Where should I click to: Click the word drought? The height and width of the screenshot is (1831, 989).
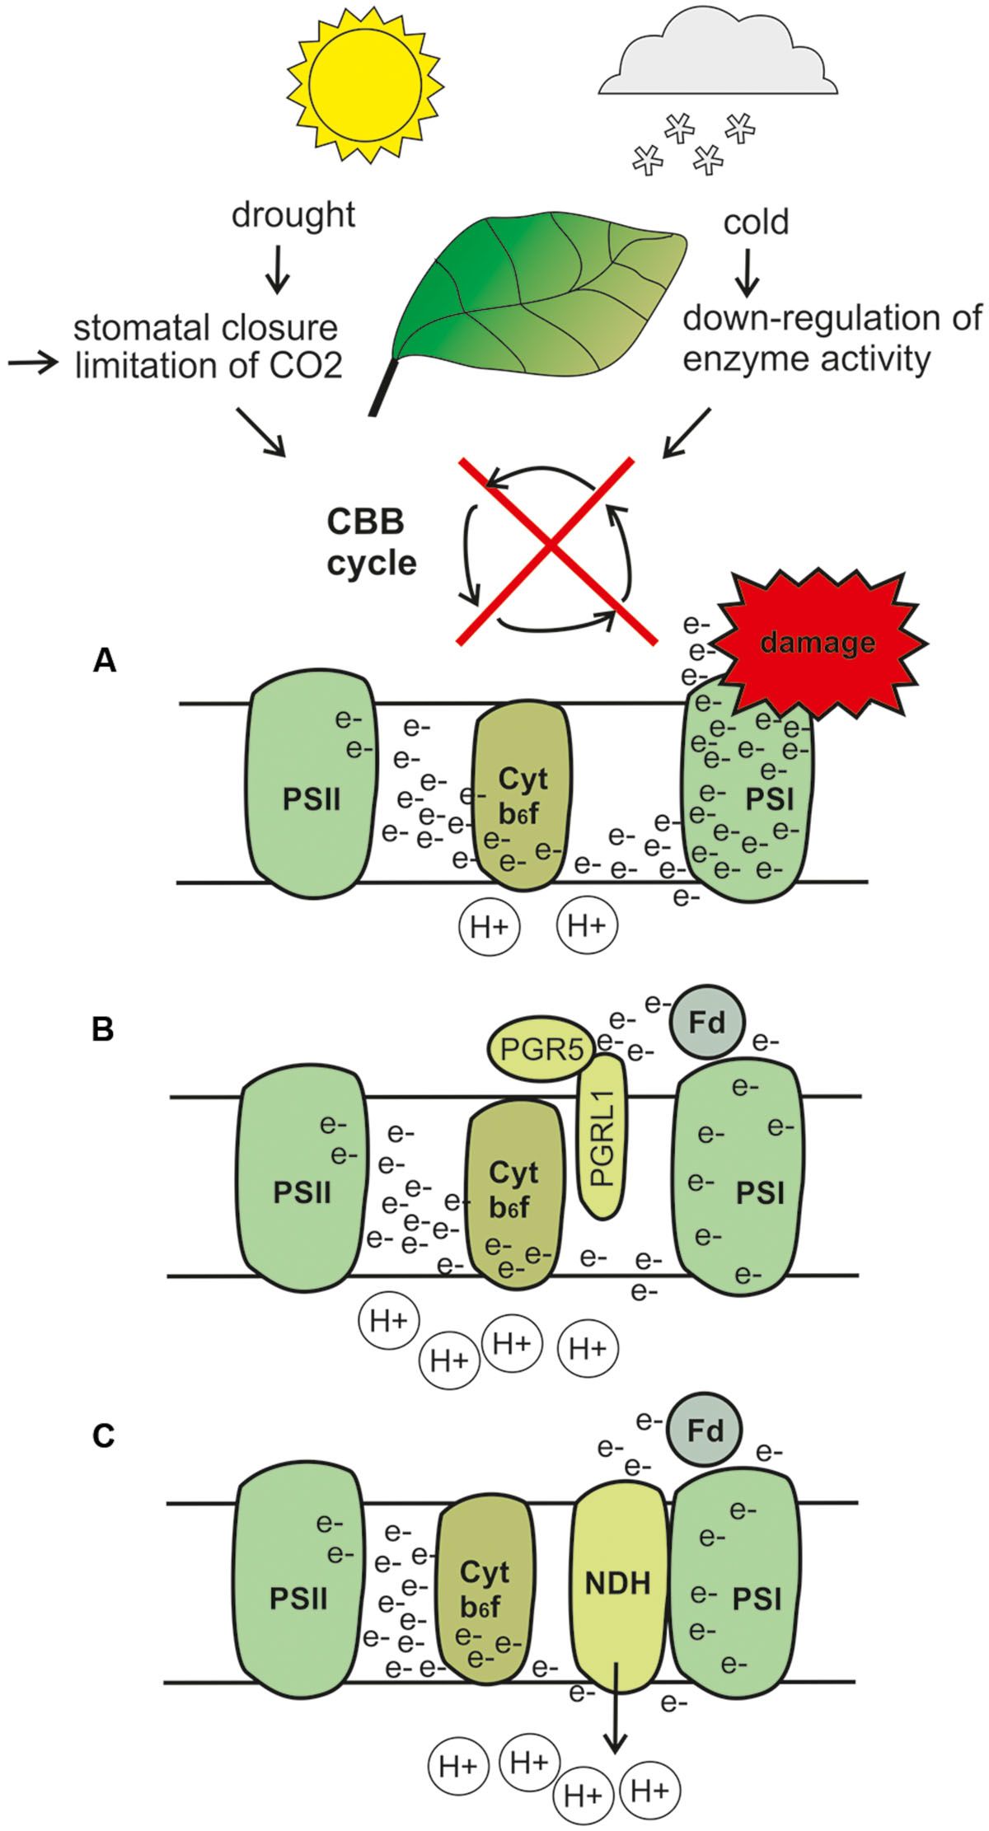tap(293, 215)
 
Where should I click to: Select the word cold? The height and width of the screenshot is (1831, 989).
tap(755, 222)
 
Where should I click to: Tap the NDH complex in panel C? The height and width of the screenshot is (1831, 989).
tap(618, 1583)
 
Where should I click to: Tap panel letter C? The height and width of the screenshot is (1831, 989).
tap(103, 1436)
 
